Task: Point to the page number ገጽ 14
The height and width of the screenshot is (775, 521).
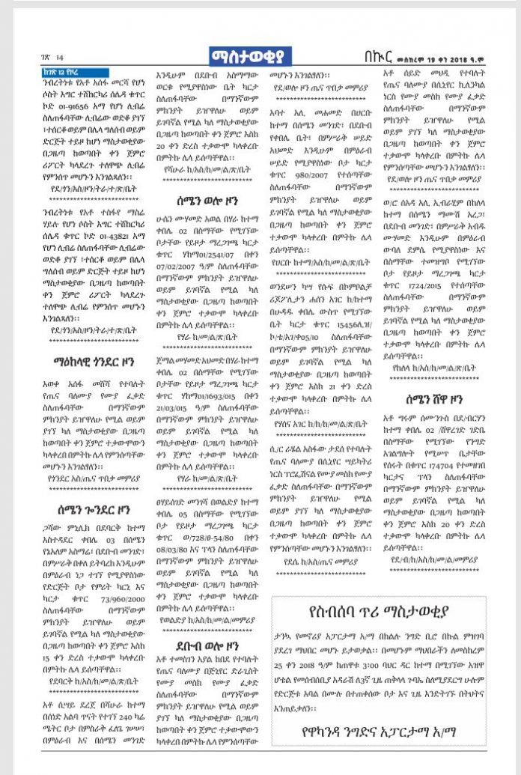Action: [53, 58]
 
